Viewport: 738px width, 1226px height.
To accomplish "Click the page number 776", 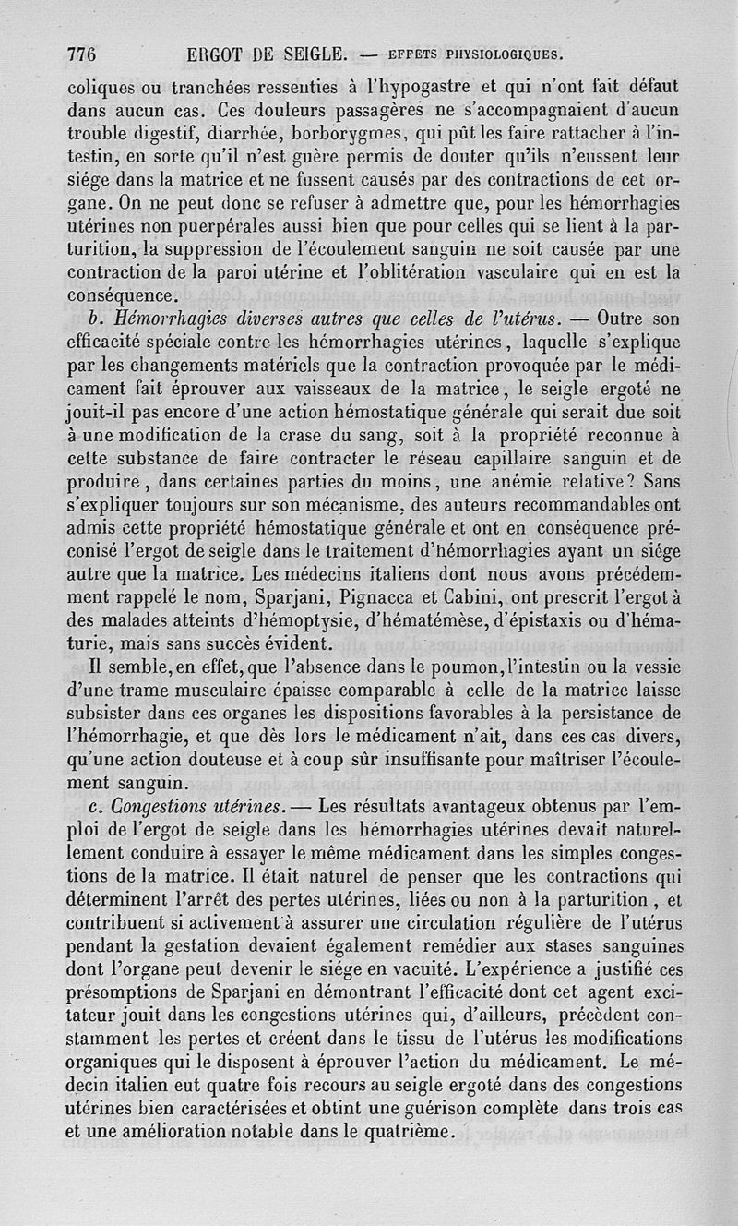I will [82, 53].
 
